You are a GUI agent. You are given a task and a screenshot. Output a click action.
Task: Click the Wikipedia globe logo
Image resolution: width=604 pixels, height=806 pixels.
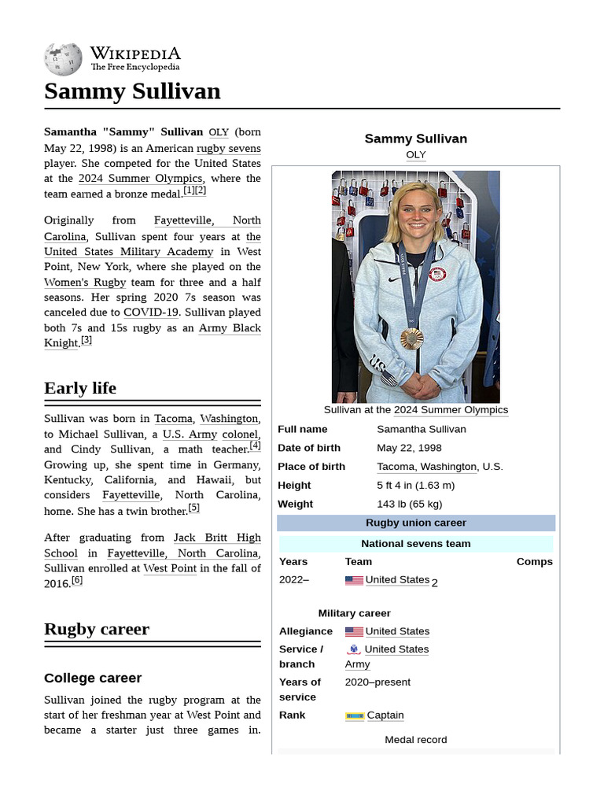click(63, 58)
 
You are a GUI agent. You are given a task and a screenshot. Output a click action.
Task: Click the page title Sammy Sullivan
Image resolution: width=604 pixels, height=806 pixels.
click(132, 91)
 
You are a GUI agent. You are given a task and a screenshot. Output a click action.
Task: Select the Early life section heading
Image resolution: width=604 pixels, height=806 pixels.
click(80, 388)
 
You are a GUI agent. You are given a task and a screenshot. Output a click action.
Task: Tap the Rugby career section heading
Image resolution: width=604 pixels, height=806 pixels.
click(97, 629)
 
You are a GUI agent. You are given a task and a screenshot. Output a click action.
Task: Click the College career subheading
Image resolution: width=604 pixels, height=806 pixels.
click(93, 678)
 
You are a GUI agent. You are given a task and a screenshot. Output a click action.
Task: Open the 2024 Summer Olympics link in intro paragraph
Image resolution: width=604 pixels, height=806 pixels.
click(140, 179)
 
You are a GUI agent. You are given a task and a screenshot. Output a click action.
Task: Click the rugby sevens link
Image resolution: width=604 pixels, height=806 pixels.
click(228, 148)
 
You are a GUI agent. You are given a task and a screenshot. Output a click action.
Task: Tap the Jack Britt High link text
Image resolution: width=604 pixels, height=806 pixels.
click(217, 538)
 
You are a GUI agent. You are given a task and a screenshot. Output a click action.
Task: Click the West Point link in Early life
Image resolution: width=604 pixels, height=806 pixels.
click(170, 568)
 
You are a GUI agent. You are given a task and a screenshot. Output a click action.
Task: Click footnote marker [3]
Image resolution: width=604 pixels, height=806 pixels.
click(87, 340)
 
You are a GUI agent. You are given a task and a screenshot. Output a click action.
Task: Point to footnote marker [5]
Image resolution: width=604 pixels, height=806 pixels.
click(193, 508)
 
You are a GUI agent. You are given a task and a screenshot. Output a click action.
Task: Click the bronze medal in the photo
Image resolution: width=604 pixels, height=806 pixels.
click(411, 338)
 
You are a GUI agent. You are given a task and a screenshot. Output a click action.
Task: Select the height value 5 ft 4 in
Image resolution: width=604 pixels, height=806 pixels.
click(415, 486)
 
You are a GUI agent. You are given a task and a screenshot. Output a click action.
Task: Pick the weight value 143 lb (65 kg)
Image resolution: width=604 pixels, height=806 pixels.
click(409, 505)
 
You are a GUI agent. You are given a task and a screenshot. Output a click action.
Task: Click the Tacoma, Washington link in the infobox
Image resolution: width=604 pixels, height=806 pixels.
click(426, 467)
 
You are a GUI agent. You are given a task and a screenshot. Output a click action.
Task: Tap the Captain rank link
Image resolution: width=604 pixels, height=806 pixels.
click(385, 715)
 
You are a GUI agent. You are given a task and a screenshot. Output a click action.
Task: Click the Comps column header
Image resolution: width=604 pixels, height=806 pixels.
click(534, 562)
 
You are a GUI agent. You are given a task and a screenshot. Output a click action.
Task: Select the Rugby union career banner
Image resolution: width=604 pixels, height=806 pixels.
click(416, 523)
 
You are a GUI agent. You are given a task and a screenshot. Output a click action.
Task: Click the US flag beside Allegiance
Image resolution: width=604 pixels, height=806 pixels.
click(354, 632)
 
